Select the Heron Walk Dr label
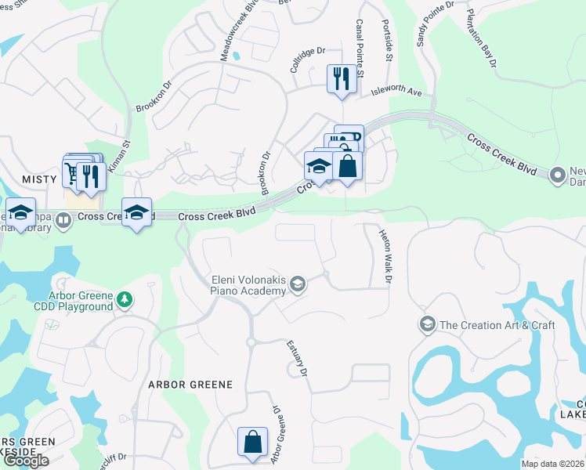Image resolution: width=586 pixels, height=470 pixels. (x=384, y=256)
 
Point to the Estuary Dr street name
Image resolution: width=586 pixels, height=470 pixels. (x=295, y=357)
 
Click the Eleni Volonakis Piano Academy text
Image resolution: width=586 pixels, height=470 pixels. (x=248, y=285)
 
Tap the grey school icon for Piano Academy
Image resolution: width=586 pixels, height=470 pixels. (x=297, y=283)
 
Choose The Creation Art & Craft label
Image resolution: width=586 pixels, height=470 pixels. (x=497, y=325)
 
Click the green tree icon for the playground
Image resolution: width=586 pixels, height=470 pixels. (x=124, y=299)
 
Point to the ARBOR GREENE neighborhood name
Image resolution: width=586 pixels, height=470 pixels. (x=190, y=385)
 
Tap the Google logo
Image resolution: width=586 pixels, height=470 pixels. (x=26, y=461)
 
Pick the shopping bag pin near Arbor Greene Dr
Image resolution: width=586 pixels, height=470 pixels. (x=254, y=441)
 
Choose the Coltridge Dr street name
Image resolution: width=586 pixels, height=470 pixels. (x=307, y=60)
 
